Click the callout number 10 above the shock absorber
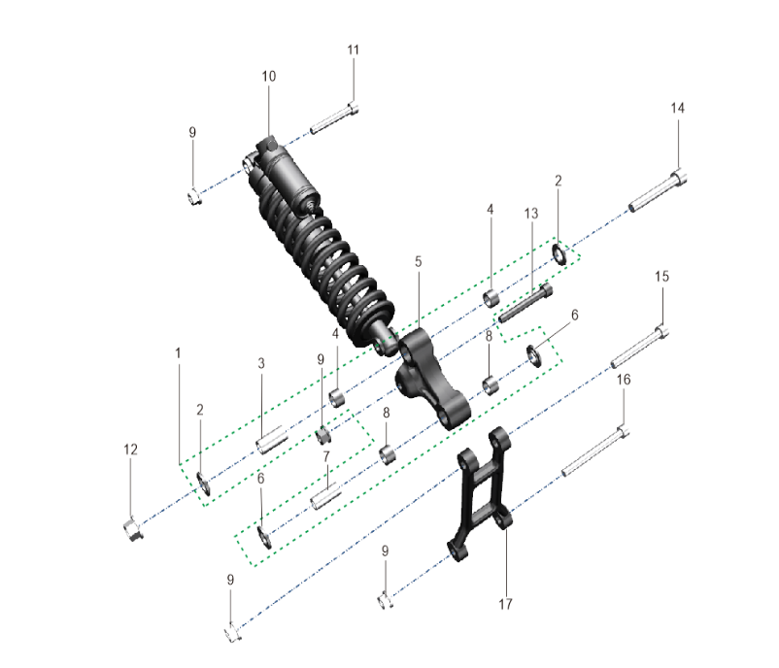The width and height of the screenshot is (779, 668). pos(269,77)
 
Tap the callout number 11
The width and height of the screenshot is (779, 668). pos(353,50)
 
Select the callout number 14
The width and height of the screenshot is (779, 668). pos(678,109)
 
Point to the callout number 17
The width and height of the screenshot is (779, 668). pos(505,604)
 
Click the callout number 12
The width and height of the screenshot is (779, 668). pos(131,450)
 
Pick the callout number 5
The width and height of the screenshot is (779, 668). pos(419,262)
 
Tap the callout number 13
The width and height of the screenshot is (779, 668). pos(531,214)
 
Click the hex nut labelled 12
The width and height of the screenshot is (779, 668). pos(133,529)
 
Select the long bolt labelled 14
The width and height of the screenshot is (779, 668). pos(658,190)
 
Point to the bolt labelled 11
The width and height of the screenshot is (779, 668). pos(334,117)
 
